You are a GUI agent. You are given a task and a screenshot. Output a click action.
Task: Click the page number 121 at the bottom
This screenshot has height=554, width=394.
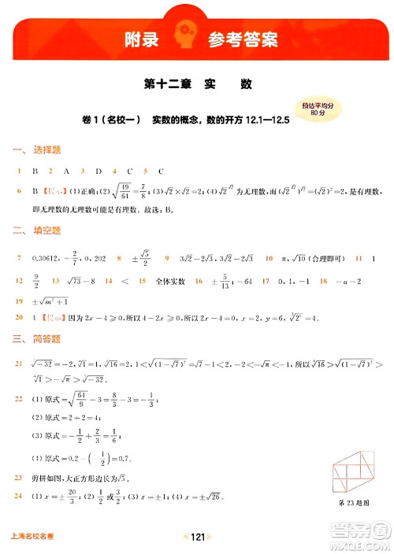point(197,537)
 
